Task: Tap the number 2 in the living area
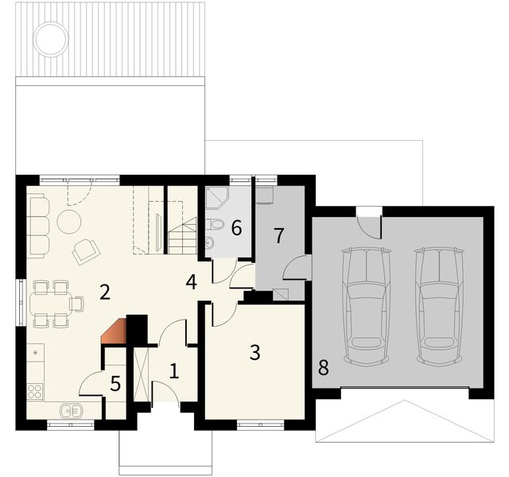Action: [104, 292]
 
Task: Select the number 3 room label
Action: [254, 352]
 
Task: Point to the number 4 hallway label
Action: [191, 281]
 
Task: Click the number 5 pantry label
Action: [115, 385]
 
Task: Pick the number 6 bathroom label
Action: [235, 228]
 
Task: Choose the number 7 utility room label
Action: [278, 235]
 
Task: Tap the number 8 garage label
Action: [323, 368]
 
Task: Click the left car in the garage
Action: [365, 298]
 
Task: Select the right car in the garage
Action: [440, 298]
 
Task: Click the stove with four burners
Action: [36, 390]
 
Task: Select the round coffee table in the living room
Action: [68, 221]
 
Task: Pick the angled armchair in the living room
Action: [85, 251]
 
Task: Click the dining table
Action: [52, 302]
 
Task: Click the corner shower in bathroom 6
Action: [216, 198]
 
